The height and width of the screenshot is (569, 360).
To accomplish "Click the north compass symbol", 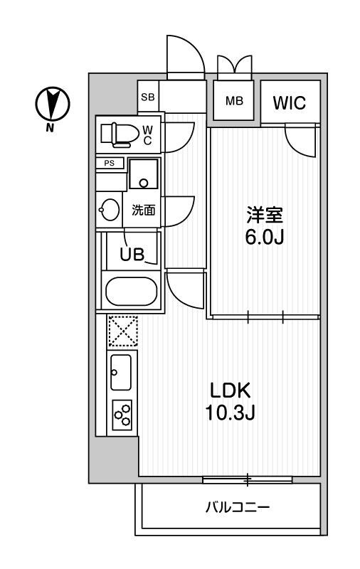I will [52, 105].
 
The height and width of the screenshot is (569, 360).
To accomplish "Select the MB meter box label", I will [234, 100].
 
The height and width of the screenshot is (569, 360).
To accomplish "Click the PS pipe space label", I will [110, 163].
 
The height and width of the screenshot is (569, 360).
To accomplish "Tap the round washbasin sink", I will [110, 210].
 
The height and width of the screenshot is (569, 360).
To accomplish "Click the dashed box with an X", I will [122, 331].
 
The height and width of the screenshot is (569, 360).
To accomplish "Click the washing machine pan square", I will [144, 175].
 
